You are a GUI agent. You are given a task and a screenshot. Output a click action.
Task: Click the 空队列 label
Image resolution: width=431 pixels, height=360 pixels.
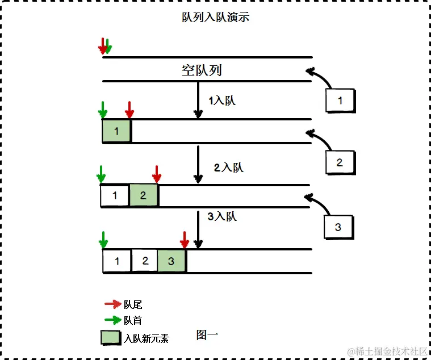pyautogui.click(x=202, y=70)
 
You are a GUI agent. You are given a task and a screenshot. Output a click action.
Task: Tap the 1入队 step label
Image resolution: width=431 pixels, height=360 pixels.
pyautogui.click(x=221, y=101)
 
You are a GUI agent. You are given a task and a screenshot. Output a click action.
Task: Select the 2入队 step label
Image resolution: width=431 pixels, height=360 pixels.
pyautogui.click(x=228, y=168)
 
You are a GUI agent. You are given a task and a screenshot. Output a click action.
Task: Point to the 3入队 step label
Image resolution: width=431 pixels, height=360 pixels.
pyautogui.click(x=221, y=216)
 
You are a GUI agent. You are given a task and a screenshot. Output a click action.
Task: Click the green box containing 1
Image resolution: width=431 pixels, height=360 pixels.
pyautogui.click(x=116, y=131)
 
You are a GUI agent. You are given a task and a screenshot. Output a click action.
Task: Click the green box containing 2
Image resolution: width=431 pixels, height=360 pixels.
pyautogui.click(x=143, y=196)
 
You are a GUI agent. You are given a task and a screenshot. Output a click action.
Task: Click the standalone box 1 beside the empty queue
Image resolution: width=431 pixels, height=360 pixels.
pyautogui.click(x=340, y=101)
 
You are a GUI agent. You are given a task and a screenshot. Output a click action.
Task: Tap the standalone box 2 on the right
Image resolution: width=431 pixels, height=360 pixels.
pyautogui.click(x=340, y=162)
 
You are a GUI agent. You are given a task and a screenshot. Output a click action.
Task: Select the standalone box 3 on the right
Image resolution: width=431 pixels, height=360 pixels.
pyautogui.click(x=338, y=227)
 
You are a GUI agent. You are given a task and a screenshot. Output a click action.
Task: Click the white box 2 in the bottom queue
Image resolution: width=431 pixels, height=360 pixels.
pyautogui.click(x=145, y=261)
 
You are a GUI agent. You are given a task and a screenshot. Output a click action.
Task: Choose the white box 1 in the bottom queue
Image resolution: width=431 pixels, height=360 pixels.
pyautogui.click(x=118, y=262)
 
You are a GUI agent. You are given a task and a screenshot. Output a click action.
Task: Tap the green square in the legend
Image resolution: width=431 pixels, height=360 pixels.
pyautogui.click(x=111, y=337)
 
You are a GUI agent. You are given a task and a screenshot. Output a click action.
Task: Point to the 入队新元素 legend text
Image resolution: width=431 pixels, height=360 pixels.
pyautogui.click(x=146, y=338)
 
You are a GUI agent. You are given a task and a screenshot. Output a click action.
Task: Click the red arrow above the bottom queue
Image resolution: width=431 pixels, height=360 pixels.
pyautogui.click(x=184, y=239)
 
